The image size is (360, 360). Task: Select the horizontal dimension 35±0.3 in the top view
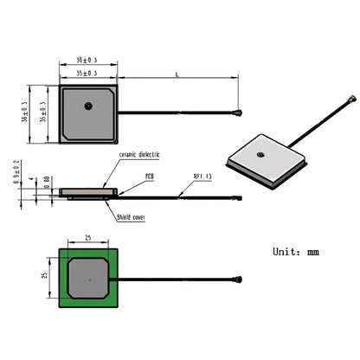tap(87, 74)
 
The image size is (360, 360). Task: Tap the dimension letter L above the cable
tap(177, 75)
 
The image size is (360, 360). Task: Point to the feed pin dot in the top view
tap(88, 106)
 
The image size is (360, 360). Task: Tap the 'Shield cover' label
tap(131, 218)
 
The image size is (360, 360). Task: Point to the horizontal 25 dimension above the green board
tap(87, 236)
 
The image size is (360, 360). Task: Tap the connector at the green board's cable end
tap(236, 280)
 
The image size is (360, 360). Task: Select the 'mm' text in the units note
tap(312, 253)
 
